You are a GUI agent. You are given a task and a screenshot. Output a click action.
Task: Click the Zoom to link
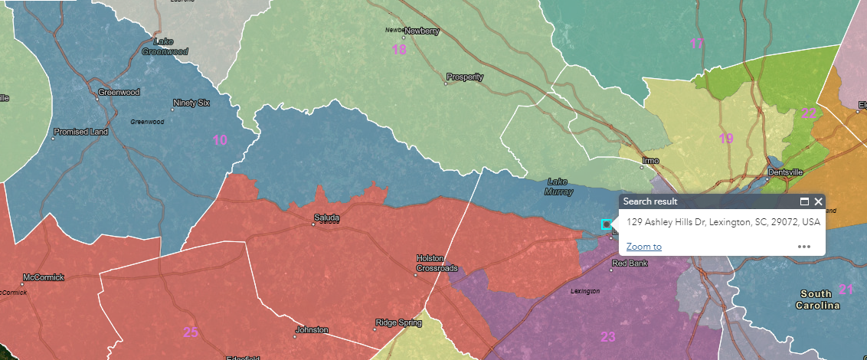pos(643,246)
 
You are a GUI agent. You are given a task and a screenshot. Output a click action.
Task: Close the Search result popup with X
pos(818,201)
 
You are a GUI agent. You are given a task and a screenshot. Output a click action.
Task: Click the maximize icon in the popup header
pos(804,201)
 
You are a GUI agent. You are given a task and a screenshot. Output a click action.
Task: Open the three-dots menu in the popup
pos(803,247)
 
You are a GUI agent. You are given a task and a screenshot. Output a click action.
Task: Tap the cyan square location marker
pos(607,224)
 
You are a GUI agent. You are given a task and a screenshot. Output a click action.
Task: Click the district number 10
pos(220,139)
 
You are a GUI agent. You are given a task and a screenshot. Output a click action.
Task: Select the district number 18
pos(399,50)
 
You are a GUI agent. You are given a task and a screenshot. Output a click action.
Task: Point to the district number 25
pos(191,332)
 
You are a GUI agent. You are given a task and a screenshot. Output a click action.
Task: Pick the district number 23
pos(607,335)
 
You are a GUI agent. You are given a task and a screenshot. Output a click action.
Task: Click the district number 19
pos(726,139)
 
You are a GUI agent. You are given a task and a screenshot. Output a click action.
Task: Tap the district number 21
pos(846,289)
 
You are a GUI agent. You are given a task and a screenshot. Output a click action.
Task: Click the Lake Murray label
pos(557,186)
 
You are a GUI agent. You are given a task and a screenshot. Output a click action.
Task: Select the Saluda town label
pos(326,218)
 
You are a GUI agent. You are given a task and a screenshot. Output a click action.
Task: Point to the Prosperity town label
pos(466,77)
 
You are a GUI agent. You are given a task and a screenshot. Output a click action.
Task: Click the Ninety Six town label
pos(191,103)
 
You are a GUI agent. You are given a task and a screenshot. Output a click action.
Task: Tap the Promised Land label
pos(80,132)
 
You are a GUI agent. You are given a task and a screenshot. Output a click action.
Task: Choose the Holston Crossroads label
pos(437,263)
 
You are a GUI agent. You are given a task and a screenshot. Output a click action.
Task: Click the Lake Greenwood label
pos(165,46)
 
